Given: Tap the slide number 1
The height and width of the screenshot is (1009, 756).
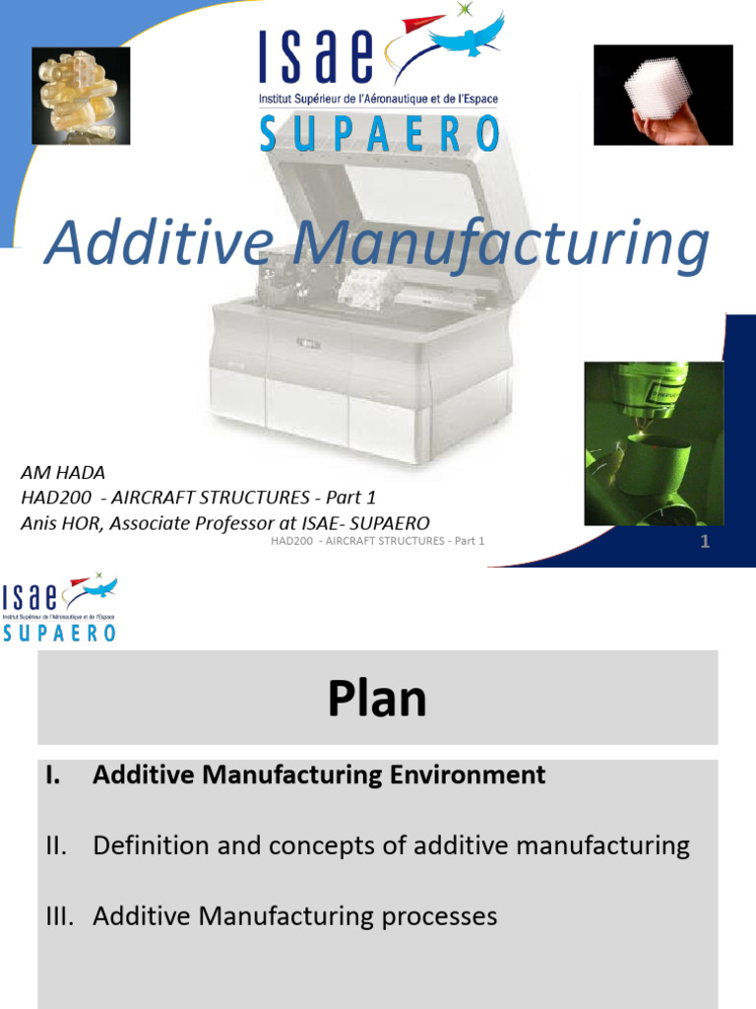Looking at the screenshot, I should point(705,541).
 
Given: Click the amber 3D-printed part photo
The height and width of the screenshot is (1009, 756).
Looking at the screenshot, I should point(81,97).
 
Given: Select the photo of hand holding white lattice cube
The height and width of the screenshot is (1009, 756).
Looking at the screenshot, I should point(662,96).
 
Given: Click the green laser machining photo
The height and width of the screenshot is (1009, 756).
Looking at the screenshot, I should point(653,442).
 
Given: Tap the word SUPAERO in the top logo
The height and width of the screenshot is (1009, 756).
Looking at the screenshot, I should point(379,133).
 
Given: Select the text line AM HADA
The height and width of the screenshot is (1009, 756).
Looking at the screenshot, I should point(63,473).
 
